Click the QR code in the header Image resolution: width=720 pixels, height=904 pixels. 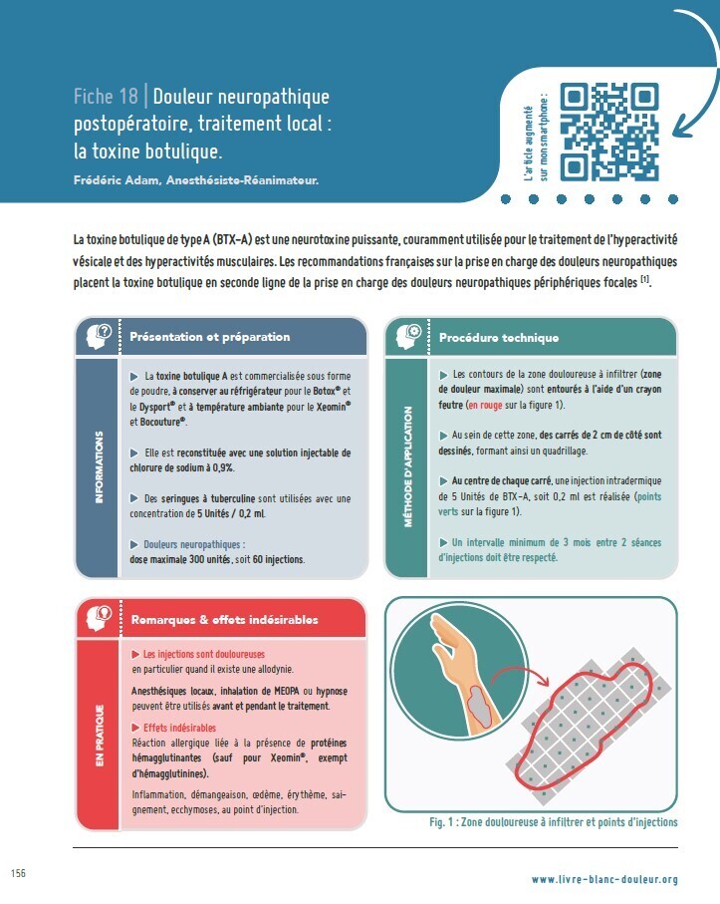609,132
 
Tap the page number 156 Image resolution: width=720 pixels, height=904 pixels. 19,873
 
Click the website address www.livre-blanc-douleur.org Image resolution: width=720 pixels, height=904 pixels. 604,880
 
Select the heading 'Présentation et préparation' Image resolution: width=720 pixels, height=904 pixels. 210,337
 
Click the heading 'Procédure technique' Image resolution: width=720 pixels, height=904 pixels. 499,338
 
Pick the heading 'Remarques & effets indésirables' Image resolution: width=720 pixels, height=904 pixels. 225,620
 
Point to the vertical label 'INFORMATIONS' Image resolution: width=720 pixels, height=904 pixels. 99,467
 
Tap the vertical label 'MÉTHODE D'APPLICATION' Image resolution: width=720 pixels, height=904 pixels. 408,466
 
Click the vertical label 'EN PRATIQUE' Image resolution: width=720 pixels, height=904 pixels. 100,736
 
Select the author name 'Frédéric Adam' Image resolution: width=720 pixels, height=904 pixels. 116,180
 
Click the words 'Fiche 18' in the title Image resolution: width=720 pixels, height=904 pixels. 106,97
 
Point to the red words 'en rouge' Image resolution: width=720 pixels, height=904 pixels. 485,406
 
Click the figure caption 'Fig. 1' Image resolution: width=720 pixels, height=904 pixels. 441,822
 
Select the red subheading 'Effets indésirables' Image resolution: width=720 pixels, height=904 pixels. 179,728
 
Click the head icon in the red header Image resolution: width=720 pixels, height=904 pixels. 99,618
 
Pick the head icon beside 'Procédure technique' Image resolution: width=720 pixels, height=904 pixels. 408,337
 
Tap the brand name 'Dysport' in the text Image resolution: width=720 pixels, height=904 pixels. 155,407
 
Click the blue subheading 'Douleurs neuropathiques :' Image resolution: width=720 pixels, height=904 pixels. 194,544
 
